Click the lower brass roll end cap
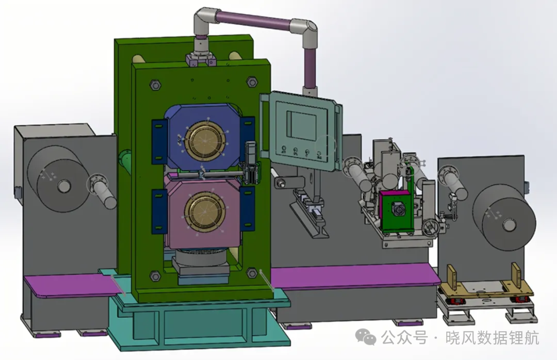click(205, 212)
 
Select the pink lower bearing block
click(203, 213)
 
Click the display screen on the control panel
click(301, 126)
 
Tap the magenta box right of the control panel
click(395, 210)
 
